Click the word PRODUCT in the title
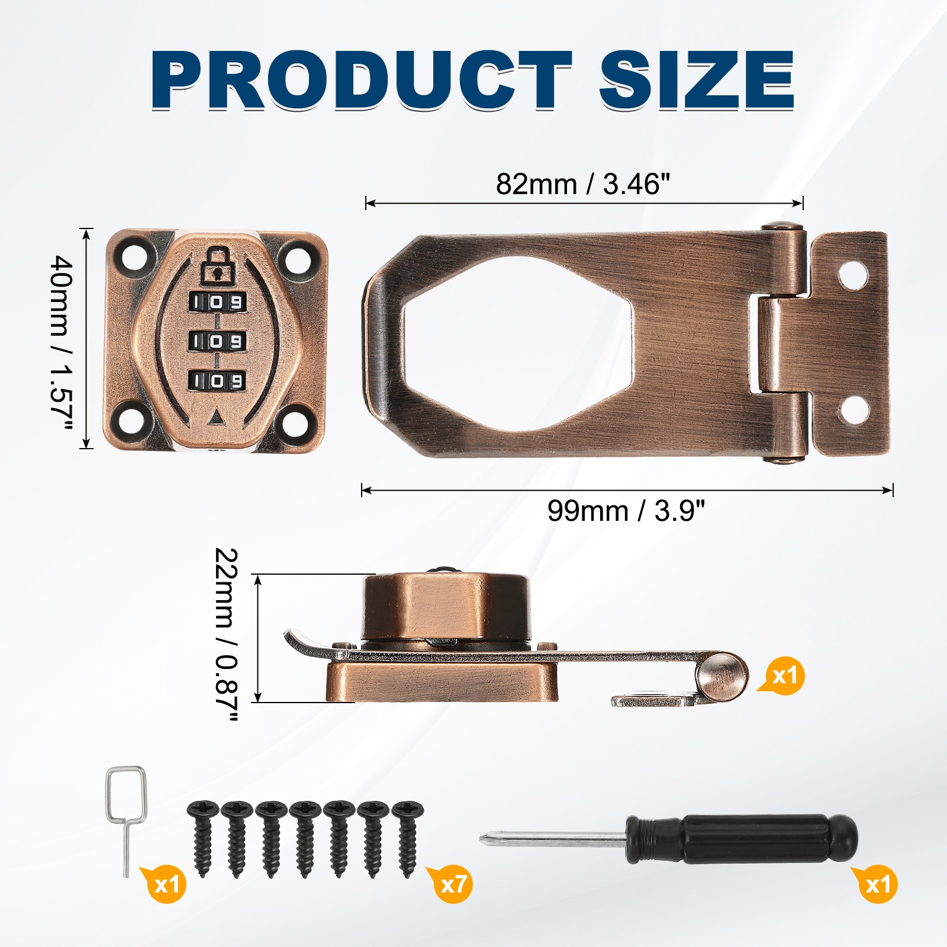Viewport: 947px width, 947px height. tap(361, 80)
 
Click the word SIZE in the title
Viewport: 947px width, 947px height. tap(697, 80)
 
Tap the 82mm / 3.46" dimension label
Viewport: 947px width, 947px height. tap(583, 184)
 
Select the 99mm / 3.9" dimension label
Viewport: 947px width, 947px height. tap(626, 511)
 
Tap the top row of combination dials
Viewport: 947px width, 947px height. tap(217, 302)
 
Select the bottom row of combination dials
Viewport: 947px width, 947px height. tap(217, 381)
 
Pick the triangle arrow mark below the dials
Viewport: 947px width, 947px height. tap(217, 417)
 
